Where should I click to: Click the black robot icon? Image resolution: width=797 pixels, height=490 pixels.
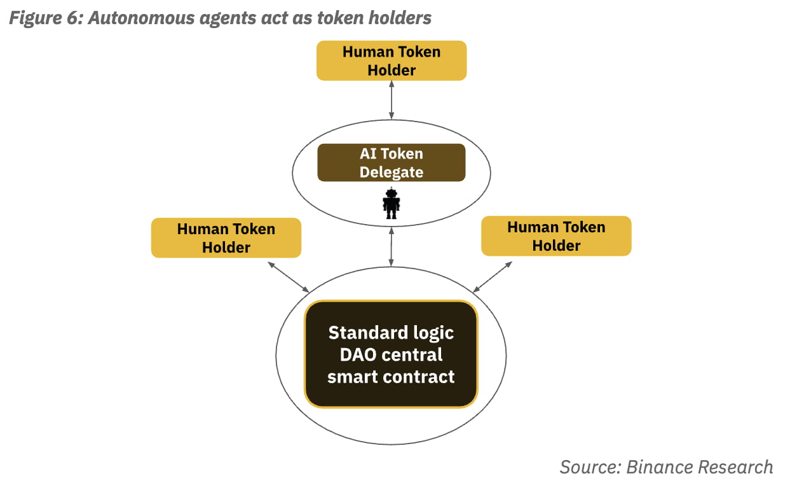click(391, 204)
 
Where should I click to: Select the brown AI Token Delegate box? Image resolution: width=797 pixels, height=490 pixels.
click(392, 162)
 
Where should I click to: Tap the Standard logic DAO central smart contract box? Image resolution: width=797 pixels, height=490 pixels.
click(391, 354)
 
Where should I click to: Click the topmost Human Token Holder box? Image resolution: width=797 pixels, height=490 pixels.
click(392, 60)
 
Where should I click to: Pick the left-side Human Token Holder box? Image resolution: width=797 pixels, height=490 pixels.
click(226, 238)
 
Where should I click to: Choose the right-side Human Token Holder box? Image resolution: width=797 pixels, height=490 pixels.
click(556, 236)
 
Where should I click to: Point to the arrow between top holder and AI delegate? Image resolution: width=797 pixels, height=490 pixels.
click(392, 100)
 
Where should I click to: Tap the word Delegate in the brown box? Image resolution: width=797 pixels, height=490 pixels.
click(392, 172)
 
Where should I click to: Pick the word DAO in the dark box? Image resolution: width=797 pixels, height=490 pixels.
click(362, 354)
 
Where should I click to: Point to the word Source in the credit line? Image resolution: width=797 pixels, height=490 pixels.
click(588, 467)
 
